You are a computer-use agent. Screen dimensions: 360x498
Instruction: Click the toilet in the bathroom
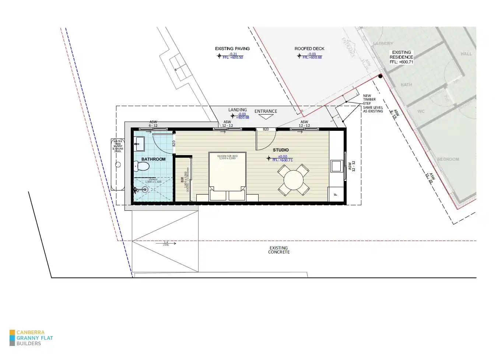(x=142, y=166)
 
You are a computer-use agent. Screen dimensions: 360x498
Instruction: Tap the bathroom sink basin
(x=140, y=144)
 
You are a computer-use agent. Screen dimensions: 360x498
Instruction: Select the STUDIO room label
(x=281, y=150)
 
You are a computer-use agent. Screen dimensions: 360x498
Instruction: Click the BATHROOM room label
(x=153, y=159)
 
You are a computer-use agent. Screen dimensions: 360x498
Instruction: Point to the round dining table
(x=293, y=181)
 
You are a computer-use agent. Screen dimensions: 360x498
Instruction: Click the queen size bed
(x=227, y=173)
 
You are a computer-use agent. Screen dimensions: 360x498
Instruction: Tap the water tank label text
(x=118, y=146)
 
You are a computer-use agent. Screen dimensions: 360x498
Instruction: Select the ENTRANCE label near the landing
(x=266, y=111)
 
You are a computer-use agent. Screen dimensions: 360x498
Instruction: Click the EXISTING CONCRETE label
(x=279, y=250)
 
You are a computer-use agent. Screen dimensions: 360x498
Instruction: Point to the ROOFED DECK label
(x=309, y=49)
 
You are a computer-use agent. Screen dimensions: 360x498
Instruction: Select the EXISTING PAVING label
(x=232, y=49)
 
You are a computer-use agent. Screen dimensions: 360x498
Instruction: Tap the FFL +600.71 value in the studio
(x=283, y=160)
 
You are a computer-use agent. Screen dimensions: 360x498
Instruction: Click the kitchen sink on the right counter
(x=336, y=166)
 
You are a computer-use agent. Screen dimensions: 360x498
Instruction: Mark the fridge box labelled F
(x=336, y=194)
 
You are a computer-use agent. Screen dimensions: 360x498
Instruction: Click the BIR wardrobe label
(x=182, y=179)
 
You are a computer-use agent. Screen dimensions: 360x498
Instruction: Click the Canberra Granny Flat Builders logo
(x=31, y=338)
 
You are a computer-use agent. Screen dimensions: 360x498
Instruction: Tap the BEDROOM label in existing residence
(x=448, y=159)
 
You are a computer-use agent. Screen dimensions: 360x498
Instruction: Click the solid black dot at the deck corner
(x=380, y=76)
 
